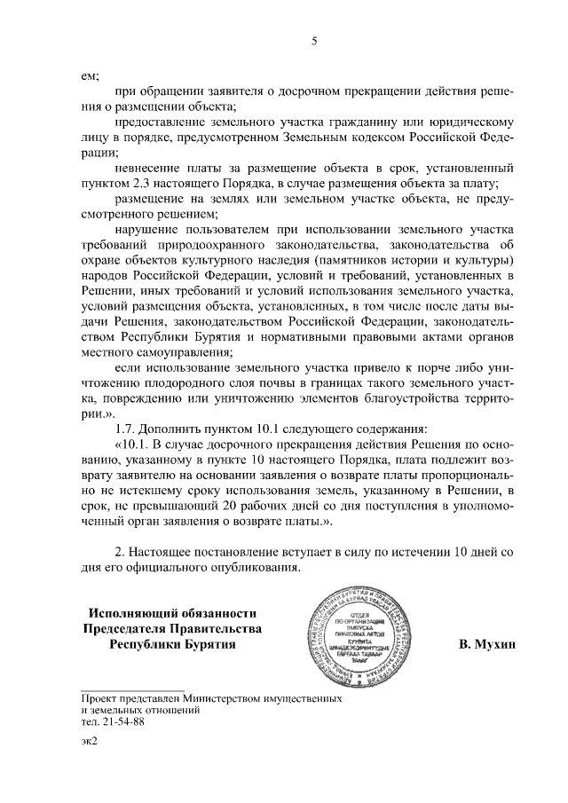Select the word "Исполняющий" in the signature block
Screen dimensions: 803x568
click(130, 612)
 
